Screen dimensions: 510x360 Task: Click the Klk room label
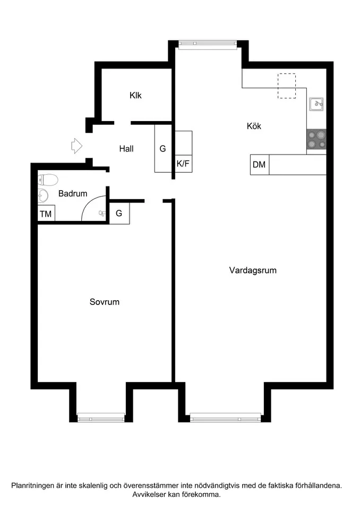[135, 96]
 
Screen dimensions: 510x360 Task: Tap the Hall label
[126, 149]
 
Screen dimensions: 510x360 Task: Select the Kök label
[254, 126]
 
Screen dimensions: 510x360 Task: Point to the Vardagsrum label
[253, 270]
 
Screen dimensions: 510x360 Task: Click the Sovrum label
[104, 302]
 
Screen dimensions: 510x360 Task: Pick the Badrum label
[73, 194]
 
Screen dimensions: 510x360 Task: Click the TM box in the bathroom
[46, 214]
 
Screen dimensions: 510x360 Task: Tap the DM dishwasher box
[259, 165]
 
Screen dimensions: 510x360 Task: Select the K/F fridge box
[183, 164]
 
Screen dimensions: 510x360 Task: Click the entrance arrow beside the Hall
[76, 145]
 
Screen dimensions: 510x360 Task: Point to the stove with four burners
[316, 140]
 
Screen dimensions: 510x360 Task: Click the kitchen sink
[317, 104]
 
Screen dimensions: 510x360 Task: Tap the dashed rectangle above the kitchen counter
[287, 86]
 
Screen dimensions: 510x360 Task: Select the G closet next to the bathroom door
[119, 214]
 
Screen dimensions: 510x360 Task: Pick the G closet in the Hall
[163, 149]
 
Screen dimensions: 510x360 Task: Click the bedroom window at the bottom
[101, 417]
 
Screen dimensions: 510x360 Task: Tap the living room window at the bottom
[225, 417]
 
